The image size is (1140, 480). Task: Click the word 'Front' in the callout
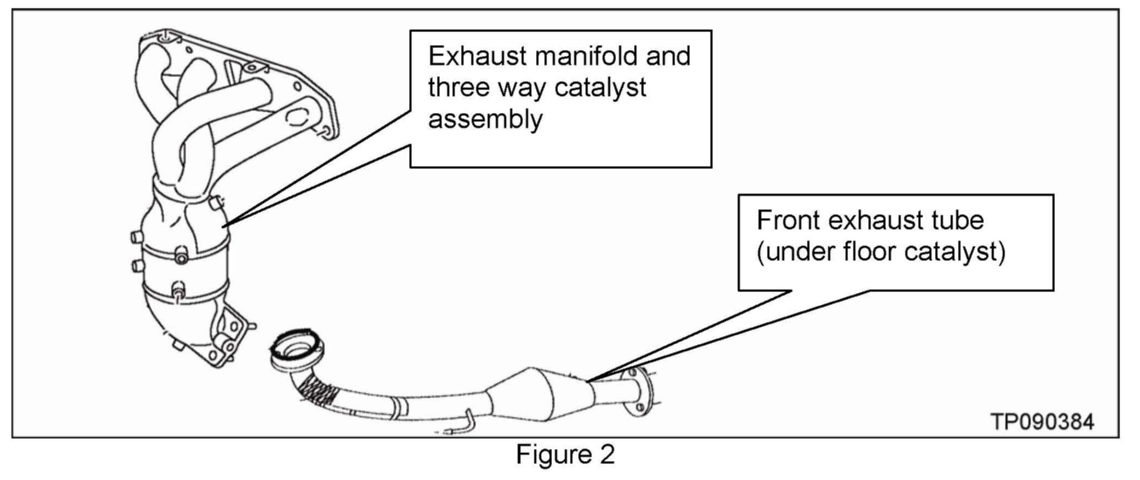[x=788, y=221]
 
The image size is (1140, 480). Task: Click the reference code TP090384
[x=1043, y=421]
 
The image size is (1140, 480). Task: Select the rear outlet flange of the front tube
[x=640, y=391]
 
